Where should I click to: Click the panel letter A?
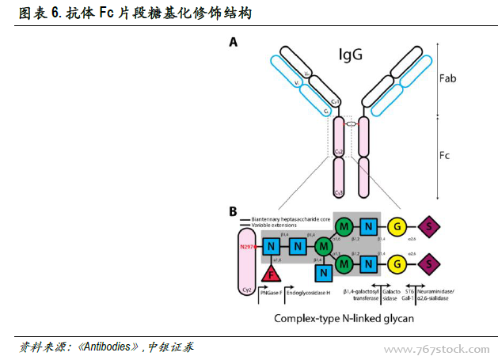(x=234, y=42)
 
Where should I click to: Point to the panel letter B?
(x=233, y=212)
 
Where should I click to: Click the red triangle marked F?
(x=272, y=274)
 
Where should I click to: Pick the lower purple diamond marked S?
(x=428, y=262)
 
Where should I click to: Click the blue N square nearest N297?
(x=271, y=247)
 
